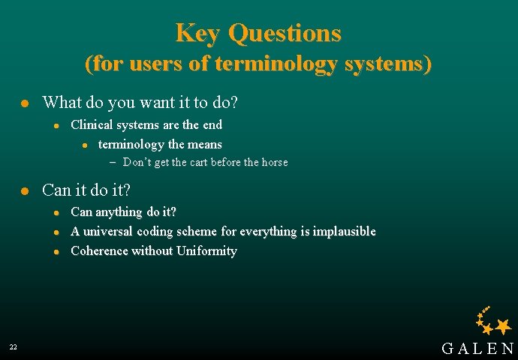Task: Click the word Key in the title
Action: pos(198,33)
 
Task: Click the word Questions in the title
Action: pos(285,33)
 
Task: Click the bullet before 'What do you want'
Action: pos(24,102)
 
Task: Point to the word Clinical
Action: pos(95,124)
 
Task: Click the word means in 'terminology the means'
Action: pos(203,144)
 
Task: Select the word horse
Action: pos(273,162)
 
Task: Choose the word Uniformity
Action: pos(206,251)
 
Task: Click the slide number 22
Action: pos(14,347)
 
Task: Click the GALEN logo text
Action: pos(477,348)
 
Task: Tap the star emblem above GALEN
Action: pos(493,320)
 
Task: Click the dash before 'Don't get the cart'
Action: pos(113,162)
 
